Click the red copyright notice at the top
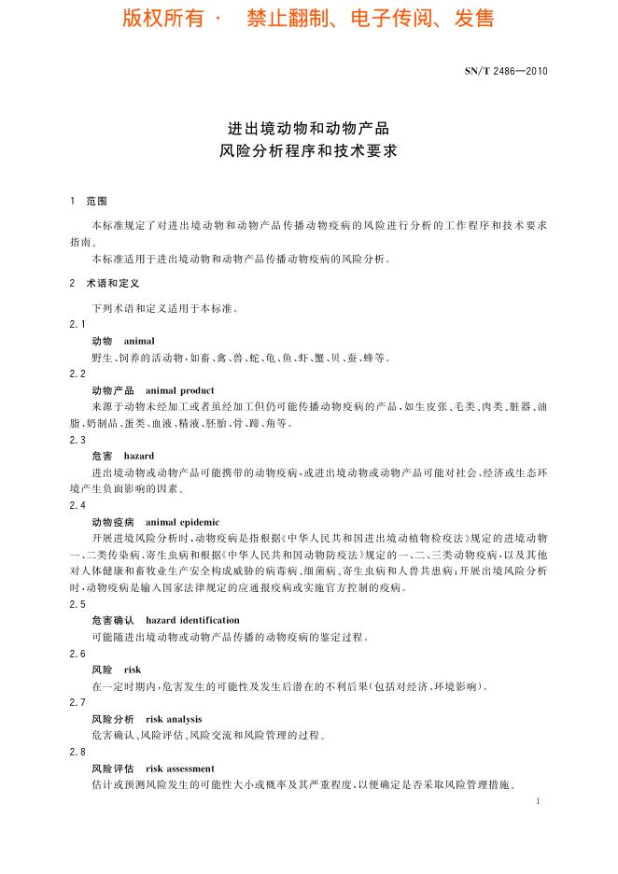[x=308, y=19]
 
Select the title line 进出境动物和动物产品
[x=308, y=127]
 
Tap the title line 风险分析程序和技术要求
[x=308, y=149]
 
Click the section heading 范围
[x=97, y=201]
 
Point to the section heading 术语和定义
[x=113, y=283]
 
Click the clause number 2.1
[x=77, y=324]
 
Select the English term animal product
[x=180, y=390]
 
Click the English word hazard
[x=139, y=457]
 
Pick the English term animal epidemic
[x=183, y=522]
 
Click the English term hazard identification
[x=192, y=620]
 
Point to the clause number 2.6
[x=77, y=654]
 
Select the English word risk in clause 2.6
[x=132, y=670]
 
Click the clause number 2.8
[x=77, y=753]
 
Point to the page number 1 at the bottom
[x=540, y=801]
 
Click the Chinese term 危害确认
[x=113, y=620]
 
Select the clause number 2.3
[x=77, y=440]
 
